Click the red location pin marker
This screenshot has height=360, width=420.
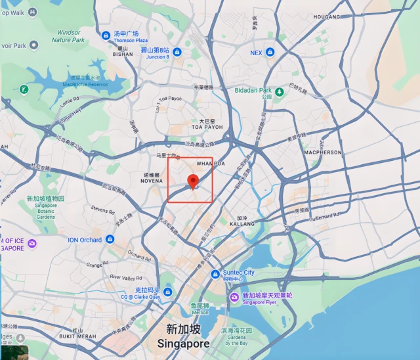(193, 181)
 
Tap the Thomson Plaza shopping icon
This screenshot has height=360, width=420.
(106, 35)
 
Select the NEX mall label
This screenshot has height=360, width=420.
(256, 53)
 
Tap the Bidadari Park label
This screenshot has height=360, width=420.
(252, 90)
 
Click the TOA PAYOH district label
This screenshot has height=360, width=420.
(203, 127)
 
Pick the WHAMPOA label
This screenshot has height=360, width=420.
(211, 163)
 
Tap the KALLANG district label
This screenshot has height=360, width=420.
(242, 223)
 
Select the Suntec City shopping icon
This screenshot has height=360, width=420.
(215, 274)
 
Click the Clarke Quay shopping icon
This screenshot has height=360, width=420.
(168, 292)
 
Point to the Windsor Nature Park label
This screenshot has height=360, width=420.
(69, 35)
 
